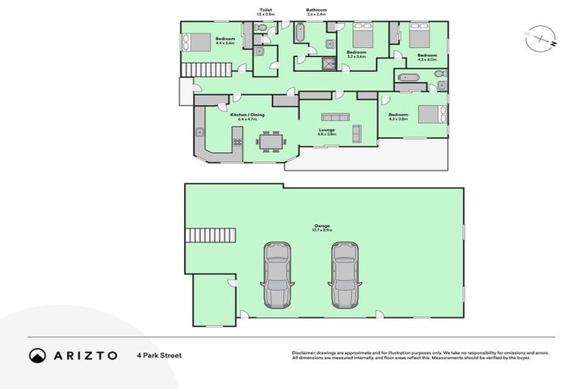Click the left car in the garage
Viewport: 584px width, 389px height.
point(276,274)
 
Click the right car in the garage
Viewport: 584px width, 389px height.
point(344,274)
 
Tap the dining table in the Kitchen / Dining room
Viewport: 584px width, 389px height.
point(269,141)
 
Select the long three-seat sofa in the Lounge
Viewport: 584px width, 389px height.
point(335,116)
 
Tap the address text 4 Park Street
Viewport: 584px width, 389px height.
point(159,355)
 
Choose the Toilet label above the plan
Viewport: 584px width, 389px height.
point(265,10)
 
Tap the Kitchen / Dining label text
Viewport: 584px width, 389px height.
point(251,115)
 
